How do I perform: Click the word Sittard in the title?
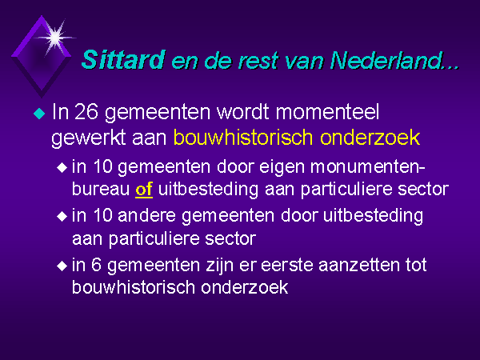[x=123, y=59]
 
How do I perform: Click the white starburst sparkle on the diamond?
[x=55, y=38]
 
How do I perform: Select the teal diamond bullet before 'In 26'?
[x=39, y=114]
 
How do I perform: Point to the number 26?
[x=86, y=111]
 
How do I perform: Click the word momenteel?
[x=327, y=111]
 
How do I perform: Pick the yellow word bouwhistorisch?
[x=243, y=138]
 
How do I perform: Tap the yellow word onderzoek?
[x=370, y=138]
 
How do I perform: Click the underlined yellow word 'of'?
[x=144, y=190]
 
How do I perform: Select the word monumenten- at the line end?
[x=368, y=167]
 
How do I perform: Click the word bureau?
[x=101, y=190]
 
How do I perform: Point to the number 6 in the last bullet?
[x=96, y=265]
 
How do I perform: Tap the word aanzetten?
[x=359, y=265]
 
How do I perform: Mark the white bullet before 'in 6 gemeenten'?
[x=62, y=266]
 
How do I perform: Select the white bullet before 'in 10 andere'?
[x=62, y=217]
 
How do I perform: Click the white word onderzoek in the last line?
[x=245, y=287]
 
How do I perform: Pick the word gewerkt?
[x=89, y=138]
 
